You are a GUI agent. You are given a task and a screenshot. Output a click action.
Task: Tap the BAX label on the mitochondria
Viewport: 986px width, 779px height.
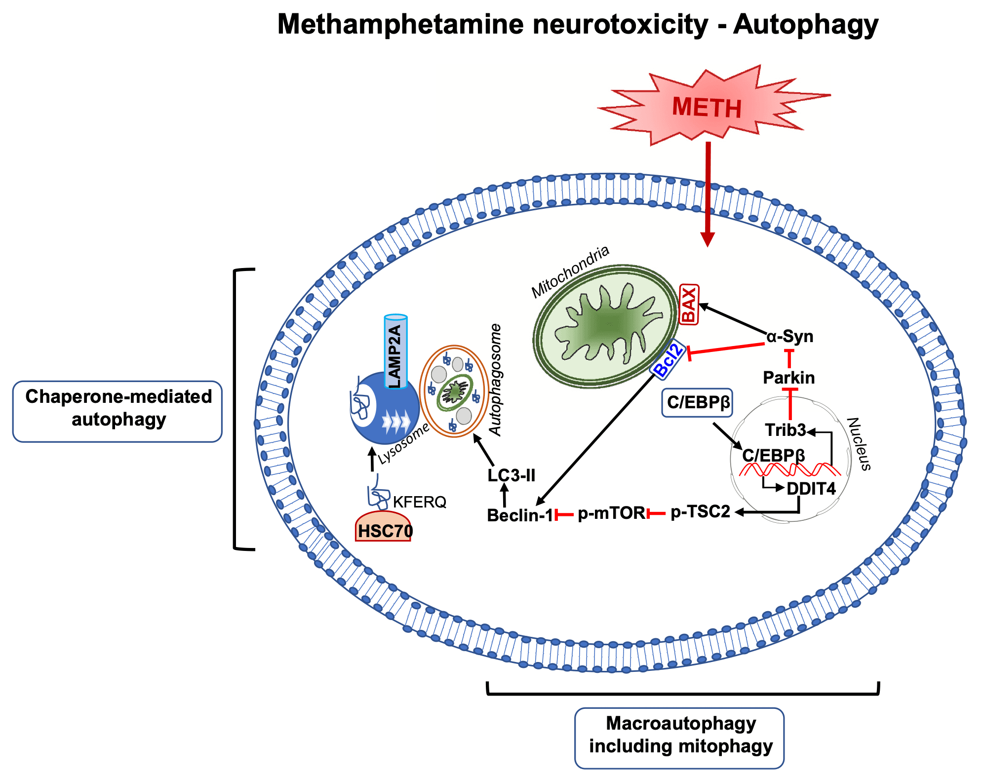689,304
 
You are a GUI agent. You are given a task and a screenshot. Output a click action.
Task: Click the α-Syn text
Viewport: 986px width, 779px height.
789,336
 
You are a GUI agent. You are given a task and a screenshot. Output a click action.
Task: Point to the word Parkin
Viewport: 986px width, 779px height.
789,378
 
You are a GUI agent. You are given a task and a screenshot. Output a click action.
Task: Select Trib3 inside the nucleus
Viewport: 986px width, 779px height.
785,430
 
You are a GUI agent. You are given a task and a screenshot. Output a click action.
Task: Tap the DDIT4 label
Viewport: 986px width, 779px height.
811,488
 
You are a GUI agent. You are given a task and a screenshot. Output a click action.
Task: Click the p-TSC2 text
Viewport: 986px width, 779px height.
700,512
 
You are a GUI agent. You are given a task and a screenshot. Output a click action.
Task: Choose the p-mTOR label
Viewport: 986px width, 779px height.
611,513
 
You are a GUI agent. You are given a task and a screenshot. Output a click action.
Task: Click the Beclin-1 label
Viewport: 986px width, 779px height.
520,515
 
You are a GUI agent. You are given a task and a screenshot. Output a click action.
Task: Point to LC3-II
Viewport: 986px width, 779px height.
511,475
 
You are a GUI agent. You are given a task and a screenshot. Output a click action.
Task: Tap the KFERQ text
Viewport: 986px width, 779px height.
419,502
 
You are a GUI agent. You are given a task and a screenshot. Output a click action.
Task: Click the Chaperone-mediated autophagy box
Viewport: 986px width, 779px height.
118,411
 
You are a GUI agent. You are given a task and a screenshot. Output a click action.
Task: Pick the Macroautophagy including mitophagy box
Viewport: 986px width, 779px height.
679,738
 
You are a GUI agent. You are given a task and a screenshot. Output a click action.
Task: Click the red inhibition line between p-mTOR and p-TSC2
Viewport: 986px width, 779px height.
657,514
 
